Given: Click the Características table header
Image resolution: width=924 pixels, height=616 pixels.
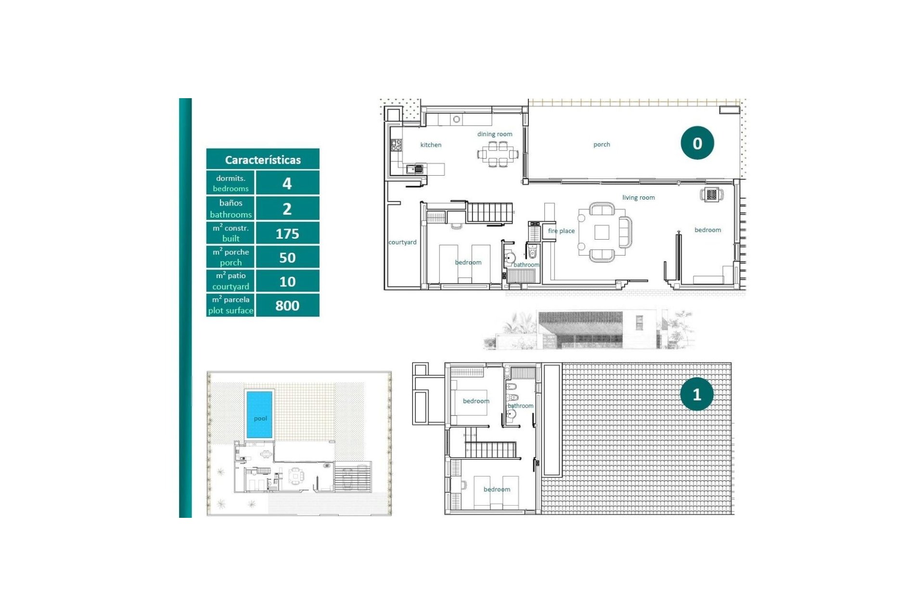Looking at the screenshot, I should (263, 159).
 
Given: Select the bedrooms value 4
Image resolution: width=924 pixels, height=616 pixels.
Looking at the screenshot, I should (287, 183).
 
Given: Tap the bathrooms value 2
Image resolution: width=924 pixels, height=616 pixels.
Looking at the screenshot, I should (287, 209).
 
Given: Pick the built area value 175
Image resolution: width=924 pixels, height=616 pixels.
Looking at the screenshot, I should (287, 234).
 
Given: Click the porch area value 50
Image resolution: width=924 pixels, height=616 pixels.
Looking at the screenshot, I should (287, 258).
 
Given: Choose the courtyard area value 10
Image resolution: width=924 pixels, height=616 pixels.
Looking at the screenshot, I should (287, 282).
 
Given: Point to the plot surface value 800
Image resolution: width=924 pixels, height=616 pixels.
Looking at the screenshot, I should (287, 306).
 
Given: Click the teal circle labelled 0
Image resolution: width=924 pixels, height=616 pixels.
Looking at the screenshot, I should (697, 143).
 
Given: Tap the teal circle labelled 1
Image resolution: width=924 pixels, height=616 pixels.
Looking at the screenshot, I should (696, 394).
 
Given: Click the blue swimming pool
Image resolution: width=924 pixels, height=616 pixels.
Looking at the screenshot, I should (259, 414).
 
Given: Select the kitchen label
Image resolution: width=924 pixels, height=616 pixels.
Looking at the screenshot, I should (431, 145).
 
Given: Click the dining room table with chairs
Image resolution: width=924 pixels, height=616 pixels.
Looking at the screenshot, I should (498, 154).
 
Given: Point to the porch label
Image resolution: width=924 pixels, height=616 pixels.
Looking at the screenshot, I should (602, 144).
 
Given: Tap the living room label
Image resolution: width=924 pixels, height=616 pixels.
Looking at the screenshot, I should (638, 197).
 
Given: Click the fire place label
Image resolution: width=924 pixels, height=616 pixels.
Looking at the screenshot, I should (561, 231).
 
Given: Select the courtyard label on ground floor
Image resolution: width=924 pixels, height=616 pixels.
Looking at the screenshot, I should (402, 242).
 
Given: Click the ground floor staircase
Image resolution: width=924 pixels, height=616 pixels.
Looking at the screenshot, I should (489, 212).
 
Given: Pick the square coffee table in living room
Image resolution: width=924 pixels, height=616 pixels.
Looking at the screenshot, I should (602, 232).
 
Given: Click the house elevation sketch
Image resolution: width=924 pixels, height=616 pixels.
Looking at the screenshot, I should (590, 330).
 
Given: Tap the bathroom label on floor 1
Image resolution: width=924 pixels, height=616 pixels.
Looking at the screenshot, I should (520, 406).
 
